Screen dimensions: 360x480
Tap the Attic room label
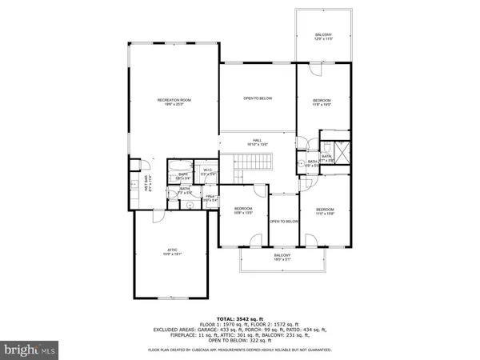(166, 254)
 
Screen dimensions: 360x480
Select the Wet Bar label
(147, 182)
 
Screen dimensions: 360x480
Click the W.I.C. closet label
(206, 171)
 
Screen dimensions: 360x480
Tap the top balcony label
(322, 37)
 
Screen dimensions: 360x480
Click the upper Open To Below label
(258, 98)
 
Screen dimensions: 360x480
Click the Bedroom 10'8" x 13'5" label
(243, 211)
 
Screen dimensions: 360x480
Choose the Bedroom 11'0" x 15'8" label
(324, 211)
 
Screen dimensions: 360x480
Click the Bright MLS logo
(30, 349)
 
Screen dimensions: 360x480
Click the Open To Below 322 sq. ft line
(241, 339)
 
